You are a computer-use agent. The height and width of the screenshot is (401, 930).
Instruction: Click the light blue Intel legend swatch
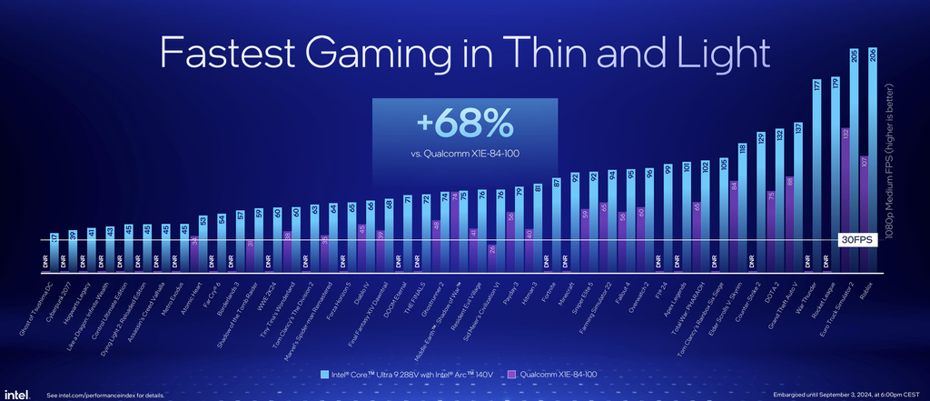tap(325, 374)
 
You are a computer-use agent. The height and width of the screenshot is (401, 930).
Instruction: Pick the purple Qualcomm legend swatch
tap(511, 374)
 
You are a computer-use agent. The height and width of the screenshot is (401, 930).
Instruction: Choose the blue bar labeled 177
tap(816, 173)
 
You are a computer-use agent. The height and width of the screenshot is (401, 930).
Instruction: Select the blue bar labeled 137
tap(798, 195)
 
